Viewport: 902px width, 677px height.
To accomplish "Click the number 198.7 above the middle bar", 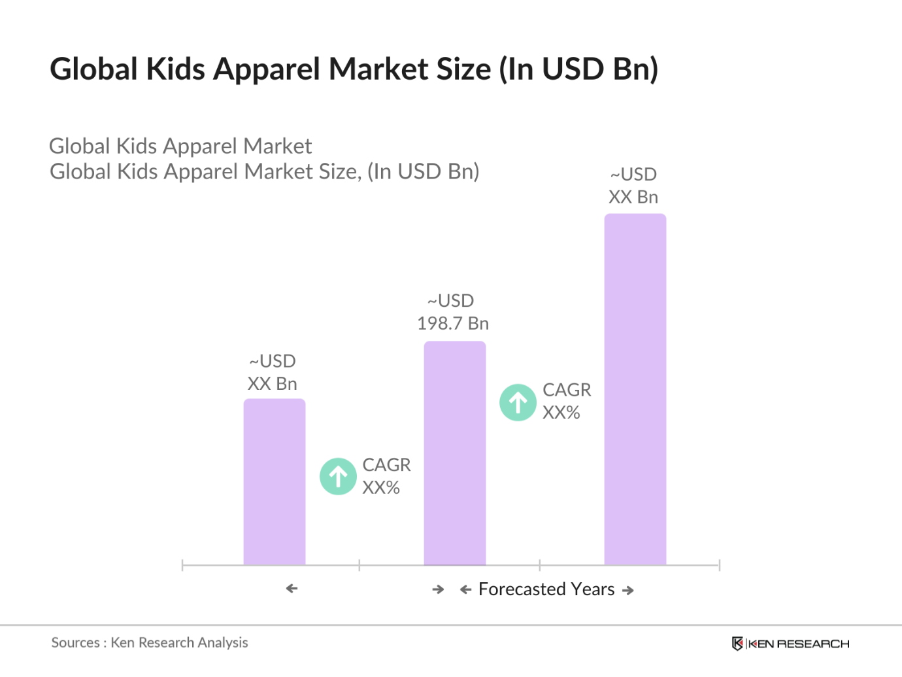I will [440, 324].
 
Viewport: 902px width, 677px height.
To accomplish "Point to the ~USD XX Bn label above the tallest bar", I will [633, 186].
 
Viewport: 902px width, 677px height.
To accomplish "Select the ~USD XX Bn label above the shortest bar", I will [273, 372].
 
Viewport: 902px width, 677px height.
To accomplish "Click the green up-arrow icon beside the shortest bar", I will [338, 476].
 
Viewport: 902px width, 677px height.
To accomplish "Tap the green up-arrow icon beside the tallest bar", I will [518, 402].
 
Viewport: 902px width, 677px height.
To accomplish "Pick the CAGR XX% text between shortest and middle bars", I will [386, 476].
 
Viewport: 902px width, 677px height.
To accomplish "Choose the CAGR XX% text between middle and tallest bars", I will [566, 401].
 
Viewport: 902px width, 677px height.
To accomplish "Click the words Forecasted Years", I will [546, 589].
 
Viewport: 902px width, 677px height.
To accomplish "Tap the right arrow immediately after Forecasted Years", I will [628, 591].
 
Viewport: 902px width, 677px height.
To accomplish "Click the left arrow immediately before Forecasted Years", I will [465, 590].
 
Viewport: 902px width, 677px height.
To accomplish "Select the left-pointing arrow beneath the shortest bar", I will [292, 589].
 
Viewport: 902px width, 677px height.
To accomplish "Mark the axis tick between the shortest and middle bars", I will [359, 565].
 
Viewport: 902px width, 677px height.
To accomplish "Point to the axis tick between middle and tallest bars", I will [540, 565].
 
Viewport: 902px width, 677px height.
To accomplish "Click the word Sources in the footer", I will [75, 643].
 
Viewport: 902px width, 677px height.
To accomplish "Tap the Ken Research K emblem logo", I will [737, 644].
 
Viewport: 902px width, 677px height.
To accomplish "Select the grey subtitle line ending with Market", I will [180, 146].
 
